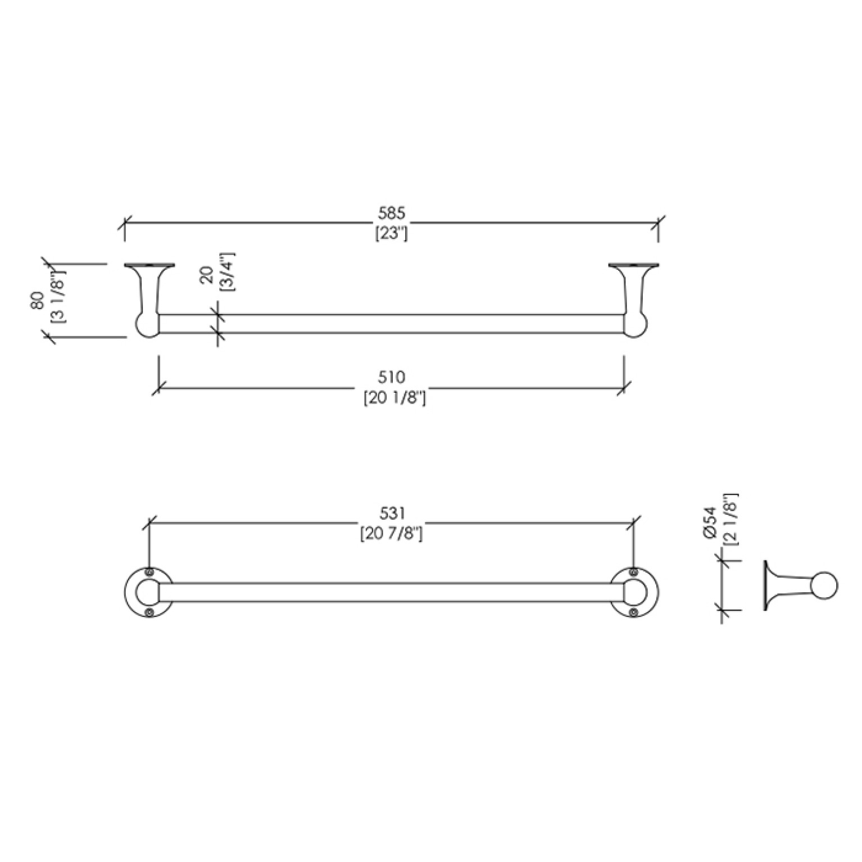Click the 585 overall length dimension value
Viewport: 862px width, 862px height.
pos(391,214)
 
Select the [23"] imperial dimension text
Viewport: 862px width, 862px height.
pos(391,233)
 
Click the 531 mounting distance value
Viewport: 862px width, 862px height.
pos(392,513)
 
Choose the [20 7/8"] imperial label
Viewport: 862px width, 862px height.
pos(391,533)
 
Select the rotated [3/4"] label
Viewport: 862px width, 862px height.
pos(228,271)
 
